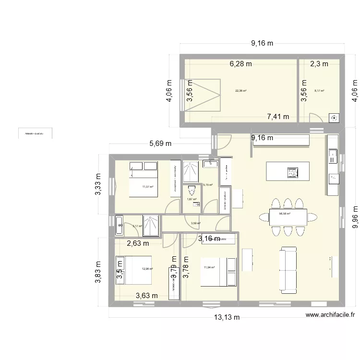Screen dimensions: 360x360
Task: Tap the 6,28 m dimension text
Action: [x=240, y=64]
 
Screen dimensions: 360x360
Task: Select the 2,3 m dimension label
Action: [x=319, y=64]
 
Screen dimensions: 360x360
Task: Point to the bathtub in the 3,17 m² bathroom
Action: [x=120, y=226]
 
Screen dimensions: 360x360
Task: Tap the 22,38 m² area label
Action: [x=240, y=90]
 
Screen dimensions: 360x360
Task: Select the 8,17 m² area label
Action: [x=319, y=90]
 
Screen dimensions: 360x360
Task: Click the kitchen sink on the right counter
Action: [x=332, y=157]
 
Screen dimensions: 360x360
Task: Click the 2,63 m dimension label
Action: [x=138, y=243]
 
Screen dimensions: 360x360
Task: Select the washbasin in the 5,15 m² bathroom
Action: [x=210, y=165]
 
